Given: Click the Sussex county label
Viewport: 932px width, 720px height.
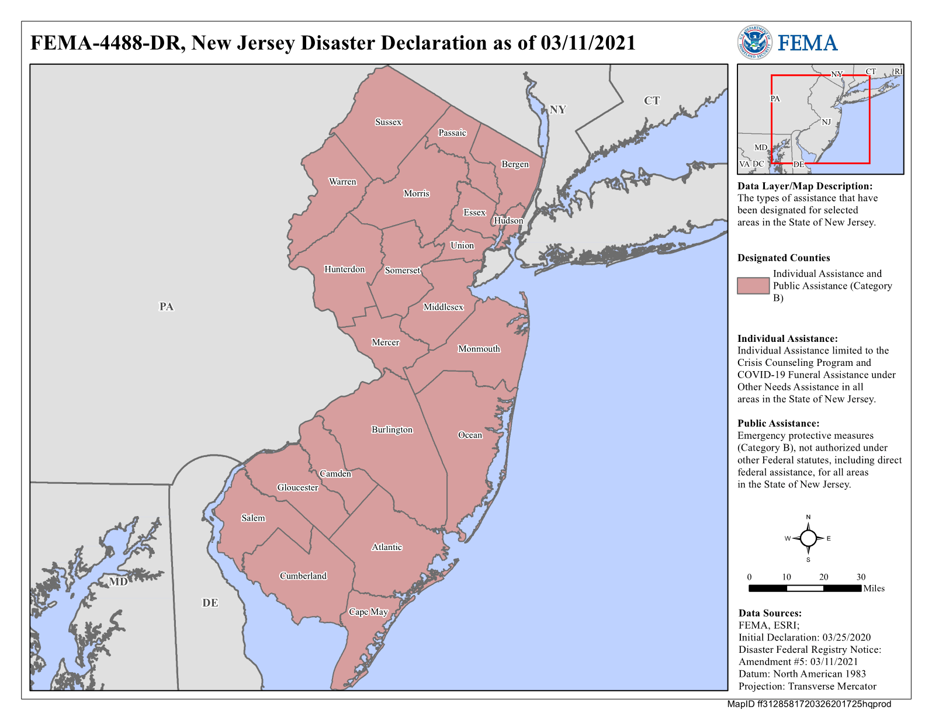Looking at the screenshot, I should pyautogui.click(x=389, y=122).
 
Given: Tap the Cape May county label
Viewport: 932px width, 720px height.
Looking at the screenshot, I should pyautogui.click(x=368, y=612).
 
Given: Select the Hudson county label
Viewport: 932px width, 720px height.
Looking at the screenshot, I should pyautogui.click(x=508, y=220).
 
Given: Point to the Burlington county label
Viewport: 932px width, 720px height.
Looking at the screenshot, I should pyautogui.click(x=392, y=430).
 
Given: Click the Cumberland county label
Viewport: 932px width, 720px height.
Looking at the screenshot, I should pyautogui.click(x=303, y=576).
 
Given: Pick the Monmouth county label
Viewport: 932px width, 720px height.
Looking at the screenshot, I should pyautogui.click(x=479, y=349).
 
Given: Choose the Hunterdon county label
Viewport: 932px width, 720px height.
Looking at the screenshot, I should pyautogui.click(x=345, y=269).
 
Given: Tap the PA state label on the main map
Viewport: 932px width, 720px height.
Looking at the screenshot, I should pyautogui.click(x=167, y=306).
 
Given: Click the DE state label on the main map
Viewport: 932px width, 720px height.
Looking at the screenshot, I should pyautogui.click(x=210, y=603).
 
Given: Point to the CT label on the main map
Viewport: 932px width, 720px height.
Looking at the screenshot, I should pyautogui.click(x=652, y=101).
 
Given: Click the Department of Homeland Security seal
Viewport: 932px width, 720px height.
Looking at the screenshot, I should pyautogui.click(x=754, y=42).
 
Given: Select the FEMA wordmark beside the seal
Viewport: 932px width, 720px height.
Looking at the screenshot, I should pyautogui.click(x=808, y=43).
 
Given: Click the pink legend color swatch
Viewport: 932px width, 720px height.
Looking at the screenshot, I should pyautogui.click(x=753, y=286).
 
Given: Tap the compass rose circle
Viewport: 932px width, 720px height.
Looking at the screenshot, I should pyautogui.click(x=808, y=538).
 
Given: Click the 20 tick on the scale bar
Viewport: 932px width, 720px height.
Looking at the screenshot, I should pyautogui.click(x=823, y=577).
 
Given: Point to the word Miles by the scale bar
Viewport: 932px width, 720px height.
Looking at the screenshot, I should pyautogui.click(x=874, y=589).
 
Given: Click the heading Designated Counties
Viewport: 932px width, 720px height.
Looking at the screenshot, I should pyautogui.click(x=784, y=258).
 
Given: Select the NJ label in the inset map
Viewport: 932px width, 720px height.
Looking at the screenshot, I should pyautogui.click(x=826, y=122).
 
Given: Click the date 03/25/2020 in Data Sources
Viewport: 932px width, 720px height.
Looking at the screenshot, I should pyautogui.click(x=846, y=638).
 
